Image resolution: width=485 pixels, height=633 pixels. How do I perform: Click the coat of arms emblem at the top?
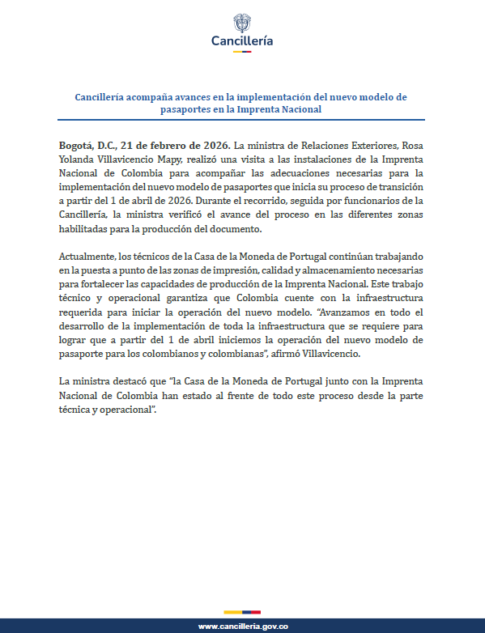[x=242, y=22]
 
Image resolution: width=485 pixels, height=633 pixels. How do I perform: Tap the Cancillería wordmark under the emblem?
[x=242, y=40]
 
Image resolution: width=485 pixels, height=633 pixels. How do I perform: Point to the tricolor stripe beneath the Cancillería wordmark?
[x=242, y=52]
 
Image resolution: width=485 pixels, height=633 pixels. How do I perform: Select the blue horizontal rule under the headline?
[x=242, y=120]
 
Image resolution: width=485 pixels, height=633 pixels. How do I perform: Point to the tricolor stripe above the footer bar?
[x=242, y=611]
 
